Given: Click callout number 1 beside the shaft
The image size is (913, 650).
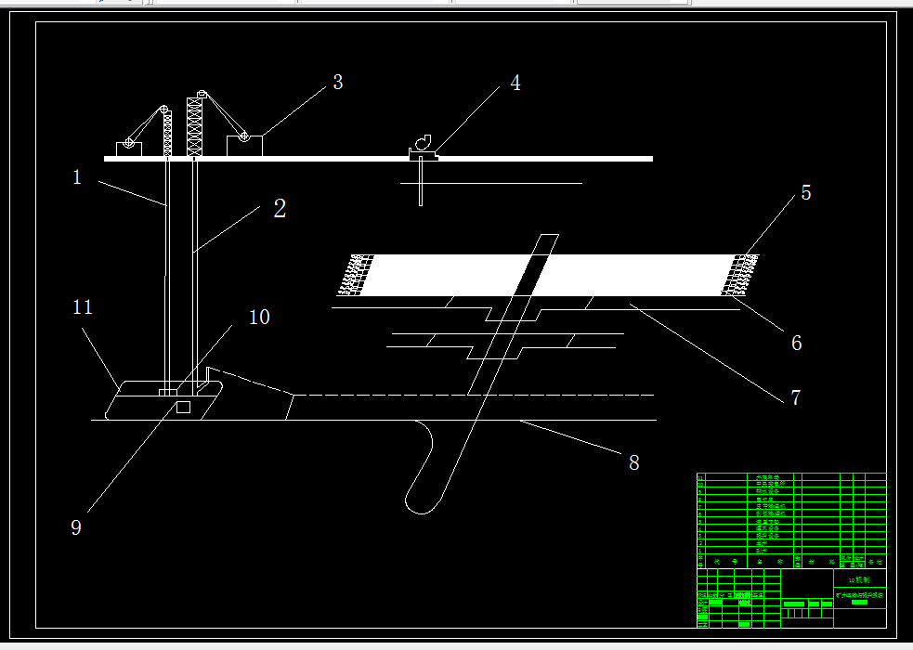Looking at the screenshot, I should pyautogui.click(x=78, y=176).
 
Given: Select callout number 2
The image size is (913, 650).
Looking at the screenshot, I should pyautogui.click(x=280, y=209).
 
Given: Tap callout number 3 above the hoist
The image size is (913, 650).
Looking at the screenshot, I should pyautogui.click(x=338, y=83).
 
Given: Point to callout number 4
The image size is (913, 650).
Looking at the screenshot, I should pyautogui.click(x=515, y=84).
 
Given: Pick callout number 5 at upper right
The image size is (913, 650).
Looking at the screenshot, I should pyautogui.click(x=806, y=193).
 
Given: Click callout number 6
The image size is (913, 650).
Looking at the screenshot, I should pyautogui.click(x=796, y=343).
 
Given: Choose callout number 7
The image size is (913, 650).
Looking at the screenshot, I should pyautogui.click(x=795, y=397).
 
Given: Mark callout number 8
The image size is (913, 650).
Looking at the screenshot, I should pyautogui.click(x=634, y=462).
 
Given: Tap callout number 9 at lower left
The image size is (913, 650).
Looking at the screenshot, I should pyautogui.click(x=76, y=527).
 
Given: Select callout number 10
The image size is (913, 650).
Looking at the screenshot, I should pyautogui.click(x=259, y=318).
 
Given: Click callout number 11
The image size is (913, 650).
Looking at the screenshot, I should pyautogui.click(x=83, y=307).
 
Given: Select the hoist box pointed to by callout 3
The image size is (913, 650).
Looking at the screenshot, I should pyautogui.click(x=245, y=146).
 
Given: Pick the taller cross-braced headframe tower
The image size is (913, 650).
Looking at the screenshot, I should pyautogui.click(x=195, y=125).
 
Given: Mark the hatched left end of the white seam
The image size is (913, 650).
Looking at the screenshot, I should pyautogui.click(x=354, y=275).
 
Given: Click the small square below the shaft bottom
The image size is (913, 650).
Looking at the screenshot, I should pyautogui.click(x=183, y=408).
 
